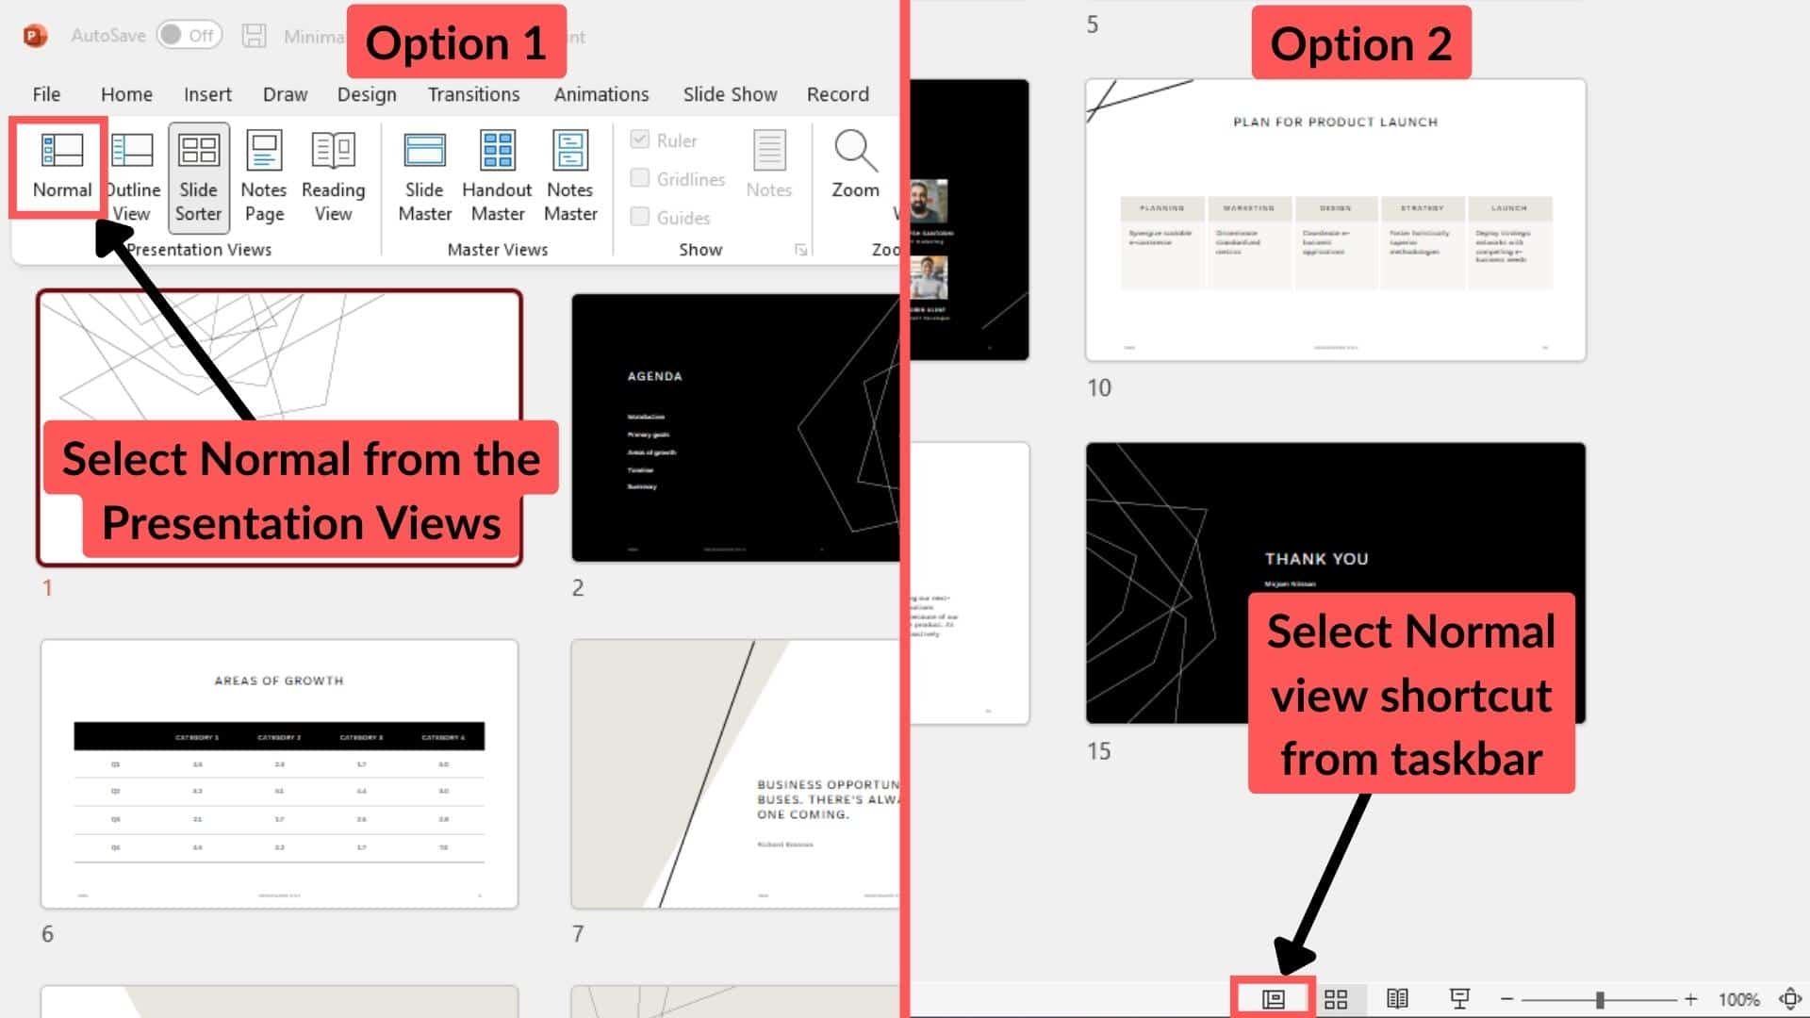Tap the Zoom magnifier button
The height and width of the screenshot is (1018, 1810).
(855, 165)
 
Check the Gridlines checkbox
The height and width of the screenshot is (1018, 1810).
(640, 178)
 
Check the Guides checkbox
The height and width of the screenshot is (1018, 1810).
(640, 217)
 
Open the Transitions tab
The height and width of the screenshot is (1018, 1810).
(473, 94)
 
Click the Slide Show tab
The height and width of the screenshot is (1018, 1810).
(730, 94)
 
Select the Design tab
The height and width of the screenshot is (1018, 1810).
(367, 94)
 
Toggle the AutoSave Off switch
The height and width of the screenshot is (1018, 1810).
(189, 36)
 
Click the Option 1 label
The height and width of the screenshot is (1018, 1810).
(456, 43)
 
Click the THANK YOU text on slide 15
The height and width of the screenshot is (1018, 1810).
(1316, 559)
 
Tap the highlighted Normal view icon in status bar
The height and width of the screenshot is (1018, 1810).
(1273, 999)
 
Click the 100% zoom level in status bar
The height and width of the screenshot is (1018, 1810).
(1738, 999)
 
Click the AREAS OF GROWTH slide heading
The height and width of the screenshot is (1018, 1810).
(279, 681)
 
